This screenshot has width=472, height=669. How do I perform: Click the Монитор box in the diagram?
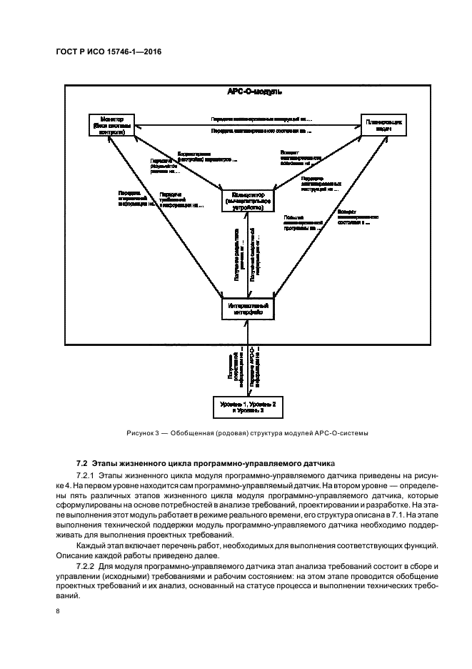[x=111, y=124]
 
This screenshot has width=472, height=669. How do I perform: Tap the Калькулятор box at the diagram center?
[x=247, y=201]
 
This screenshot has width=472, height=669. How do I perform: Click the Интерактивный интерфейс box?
[x=247, y=309]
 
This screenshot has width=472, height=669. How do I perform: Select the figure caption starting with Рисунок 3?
[x=247, y=432]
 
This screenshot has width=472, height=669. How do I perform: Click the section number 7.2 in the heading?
[x=81, y=462]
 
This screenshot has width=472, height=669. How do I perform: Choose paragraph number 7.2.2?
[x=86, y=566]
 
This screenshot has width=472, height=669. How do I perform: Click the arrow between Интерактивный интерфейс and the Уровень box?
[x=248, y=357]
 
